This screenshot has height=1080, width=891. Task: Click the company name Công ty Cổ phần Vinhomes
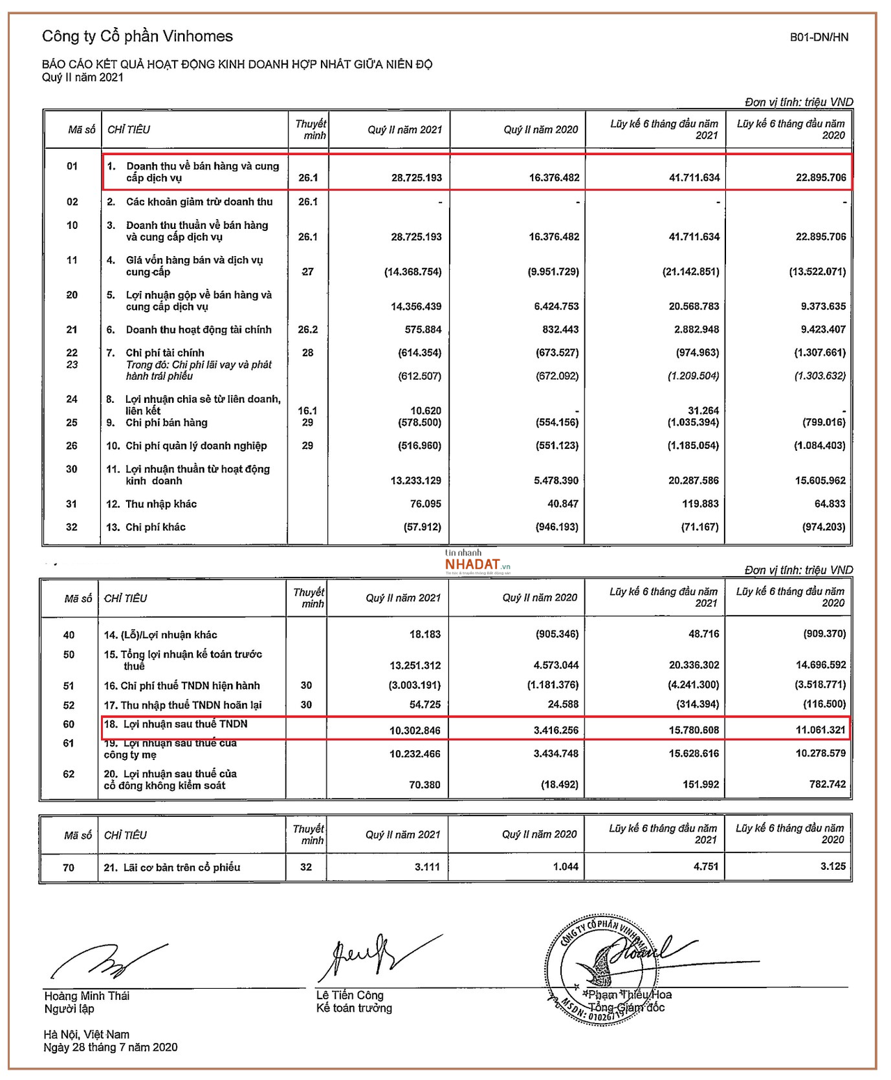[x=137, y=36]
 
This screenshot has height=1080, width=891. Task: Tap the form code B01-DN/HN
[x=819, y=38]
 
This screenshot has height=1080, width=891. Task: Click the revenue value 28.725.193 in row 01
[x=416, y=177]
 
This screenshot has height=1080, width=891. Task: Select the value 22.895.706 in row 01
[x=821, y=177]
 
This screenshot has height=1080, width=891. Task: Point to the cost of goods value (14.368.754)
[x=413, y=271]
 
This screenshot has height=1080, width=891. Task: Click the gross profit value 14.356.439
[x=416, y=306]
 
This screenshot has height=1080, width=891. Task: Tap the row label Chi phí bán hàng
[x=166, y=422]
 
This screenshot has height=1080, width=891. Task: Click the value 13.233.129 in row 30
[x=416, y=480]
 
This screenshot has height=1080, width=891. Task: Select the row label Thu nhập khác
[x=161, y=504]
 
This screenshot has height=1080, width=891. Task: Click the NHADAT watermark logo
[x=473, y=563]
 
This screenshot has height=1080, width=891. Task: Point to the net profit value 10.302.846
[x=415, y=730]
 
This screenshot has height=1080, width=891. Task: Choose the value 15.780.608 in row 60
[x=694, y=730]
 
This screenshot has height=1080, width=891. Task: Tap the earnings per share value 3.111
[x=427, y=867]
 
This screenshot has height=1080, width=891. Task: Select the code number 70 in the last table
[x=68, y=867]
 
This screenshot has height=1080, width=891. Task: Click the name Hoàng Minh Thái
[x=87, y=996]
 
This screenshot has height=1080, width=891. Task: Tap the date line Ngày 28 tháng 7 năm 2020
[x=111, y=1047]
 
